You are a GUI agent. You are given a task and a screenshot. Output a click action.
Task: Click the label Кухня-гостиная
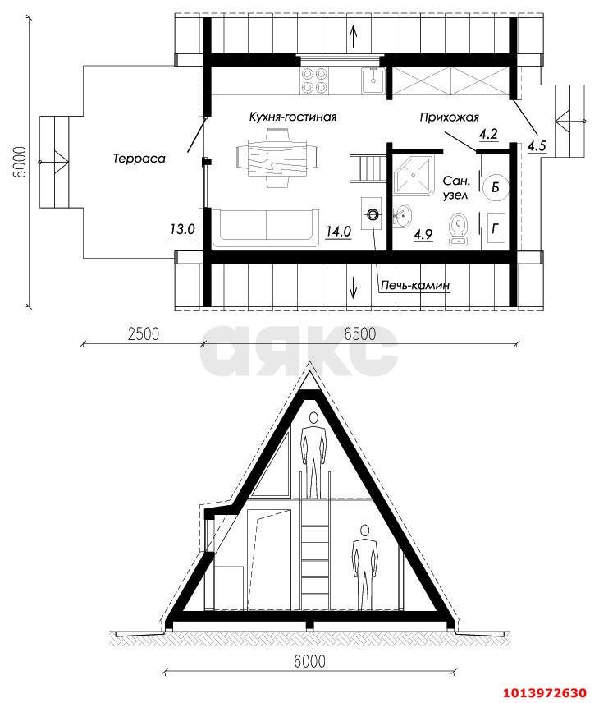[x=293, y=117]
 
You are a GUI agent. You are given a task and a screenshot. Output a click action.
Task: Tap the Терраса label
[x=139, y=159]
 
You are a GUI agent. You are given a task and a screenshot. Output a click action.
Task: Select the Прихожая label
[x=449, y=117]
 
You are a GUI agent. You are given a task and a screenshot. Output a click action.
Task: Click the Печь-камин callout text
[x=415, y=285]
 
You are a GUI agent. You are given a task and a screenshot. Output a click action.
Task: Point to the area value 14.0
[x=338, y=232]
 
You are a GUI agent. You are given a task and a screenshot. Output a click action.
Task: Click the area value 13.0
[x=182, y=230]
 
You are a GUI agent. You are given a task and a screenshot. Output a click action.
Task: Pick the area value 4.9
[x=423, y=234]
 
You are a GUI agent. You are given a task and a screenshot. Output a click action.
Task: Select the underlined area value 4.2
[x=488, y=134]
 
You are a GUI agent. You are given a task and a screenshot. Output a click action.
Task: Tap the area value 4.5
[x=537, y=146]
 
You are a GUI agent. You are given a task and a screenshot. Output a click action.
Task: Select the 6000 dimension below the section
[x=308, y=661]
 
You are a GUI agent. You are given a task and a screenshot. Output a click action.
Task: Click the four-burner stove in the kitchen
[x=313, y=78]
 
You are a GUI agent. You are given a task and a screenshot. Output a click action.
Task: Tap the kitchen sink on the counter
[x=373, y=79]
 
